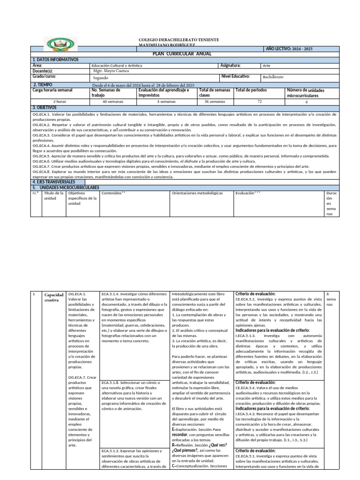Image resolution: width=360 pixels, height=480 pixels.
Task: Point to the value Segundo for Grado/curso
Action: click(101, 77)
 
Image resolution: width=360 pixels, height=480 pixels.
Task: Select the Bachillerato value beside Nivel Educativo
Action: click(273, 77)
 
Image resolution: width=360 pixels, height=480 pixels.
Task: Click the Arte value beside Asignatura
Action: click(267, 66)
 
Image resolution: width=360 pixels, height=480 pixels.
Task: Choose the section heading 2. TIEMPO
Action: click(42, 85)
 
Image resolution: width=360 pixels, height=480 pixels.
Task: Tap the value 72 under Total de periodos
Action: click(259, 101)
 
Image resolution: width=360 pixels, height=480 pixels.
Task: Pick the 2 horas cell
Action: click(60, 101)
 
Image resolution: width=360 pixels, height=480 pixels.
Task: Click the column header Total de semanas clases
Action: click(214, 92)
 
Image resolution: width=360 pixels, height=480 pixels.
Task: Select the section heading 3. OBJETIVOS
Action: click(45, 107)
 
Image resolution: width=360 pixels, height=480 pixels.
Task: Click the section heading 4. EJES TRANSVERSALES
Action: click(54, 182)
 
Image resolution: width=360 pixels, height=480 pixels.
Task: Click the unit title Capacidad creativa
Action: click(53, 297)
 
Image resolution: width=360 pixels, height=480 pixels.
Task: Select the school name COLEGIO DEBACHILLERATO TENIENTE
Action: click(179, 39)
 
